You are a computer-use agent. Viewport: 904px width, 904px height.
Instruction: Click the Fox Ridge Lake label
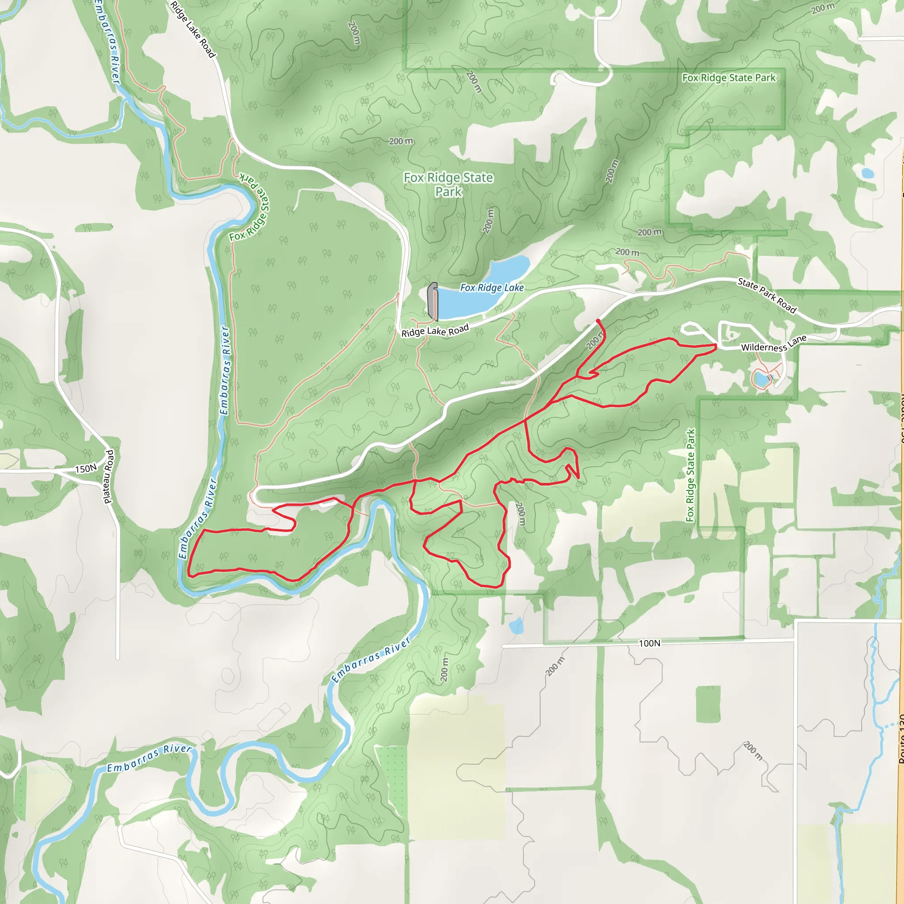click(492, 288)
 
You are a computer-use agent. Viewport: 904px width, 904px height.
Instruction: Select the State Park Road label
click(766, 295)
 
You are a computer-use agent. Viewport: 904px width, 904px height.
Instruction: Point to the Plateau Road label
click(109, 477)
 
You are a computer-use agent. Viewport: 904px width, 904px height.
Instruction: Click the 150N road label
click(86, 468)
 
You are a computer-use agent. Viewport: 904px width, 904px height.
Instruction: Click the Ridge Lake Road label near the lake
click(435, 331)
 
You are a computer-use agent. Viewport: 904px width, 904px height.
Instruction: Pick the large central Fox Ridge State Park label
click(448, 185)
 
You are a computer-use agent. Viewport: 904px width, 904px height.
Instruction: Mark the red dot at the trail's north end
click(598, 320)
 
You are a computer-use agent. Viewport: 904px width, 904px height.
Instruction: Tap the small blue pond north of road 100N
click(516, 625)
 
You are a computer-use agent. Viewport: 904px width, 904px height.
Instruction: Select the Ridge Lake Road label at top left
click(192, 29)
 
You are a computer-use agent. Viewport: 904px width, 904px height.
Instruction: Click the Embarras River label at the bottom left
click(149, 758)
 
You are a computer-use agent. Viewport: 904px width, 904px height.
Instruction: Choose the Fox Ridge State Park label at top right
click(728, 78)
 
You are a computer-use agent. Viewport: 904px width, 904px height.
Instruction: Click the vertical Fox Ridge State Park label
click(690, 475)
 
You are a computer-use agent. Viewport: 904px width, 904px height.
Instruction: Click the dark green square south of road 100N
click(708, 704)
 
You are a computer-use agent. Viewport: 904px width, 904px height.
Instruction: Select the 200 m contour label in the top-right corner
click(823, 8)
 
